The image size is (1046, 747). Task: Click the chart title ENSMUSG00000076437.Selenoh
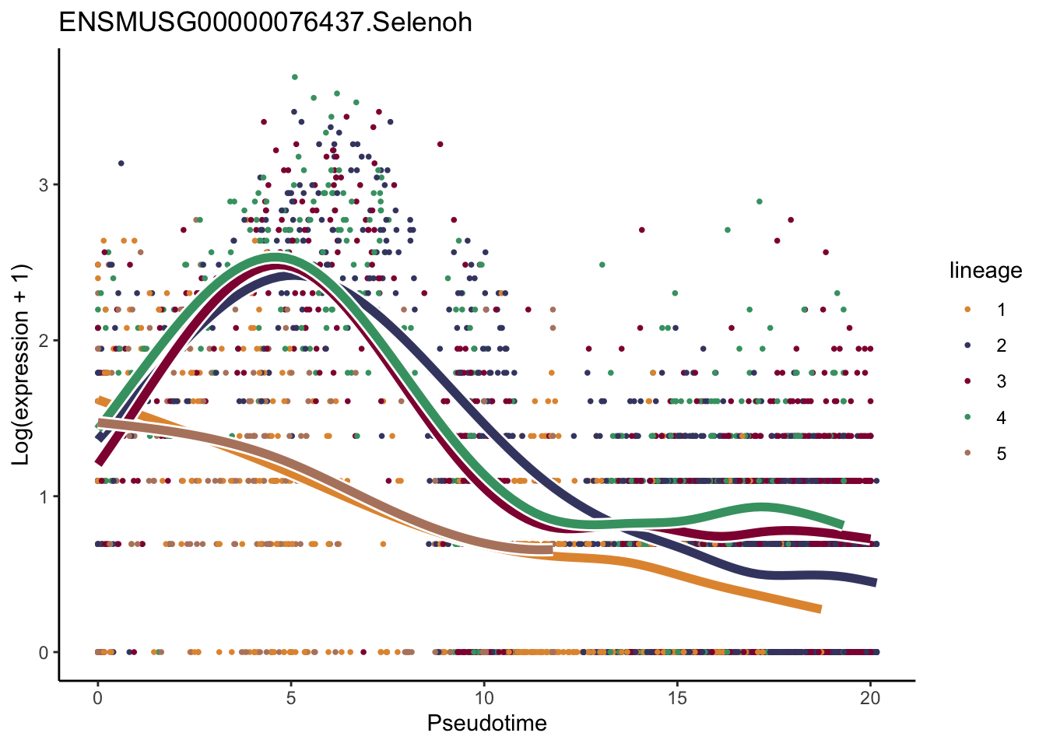coord(265,22)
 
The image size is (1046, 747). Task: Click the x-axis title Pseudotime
coord(486,724)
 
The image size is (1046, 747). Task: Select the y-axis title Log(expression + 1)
coord(21,365)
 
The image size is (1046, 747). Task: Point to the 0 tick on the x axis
coord(97,699)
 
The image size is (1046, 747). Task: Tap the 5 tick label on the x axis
coord(290,699)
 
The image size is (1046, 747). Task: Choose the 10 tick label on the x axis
coord(484,699)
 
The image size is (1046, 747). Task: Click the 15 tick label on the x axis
coord(677,699)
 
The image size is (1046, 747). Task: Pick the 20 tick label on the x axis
coord(870,699)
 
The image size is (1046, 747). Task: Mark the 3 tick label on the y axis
coord(44,185)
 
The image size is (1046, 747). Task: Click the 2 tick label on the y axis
coord(44,341)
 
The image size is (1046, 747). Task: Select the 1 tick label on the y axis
coord(44,496)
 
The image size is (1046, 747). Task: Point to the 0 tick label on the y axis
coord(44,652)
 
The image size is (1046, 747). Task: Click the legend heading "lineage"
coord(985,271)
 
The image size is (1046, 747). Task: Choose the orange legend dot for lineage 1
coord(967,310)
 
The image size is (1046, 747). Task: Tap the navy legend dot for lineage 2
coord(967,345)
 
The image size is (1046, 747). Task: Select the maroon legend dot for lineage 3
coord(967,381)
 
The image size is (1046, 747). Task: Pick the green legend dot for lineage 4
coord(967,418)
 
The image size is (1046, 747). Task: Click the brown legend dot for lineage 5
coord(967,454)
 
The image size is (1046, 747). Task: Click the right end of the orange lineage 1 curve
coord(819,609)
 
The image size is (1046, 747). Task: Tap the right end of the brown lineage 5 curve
coord(550,550)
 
